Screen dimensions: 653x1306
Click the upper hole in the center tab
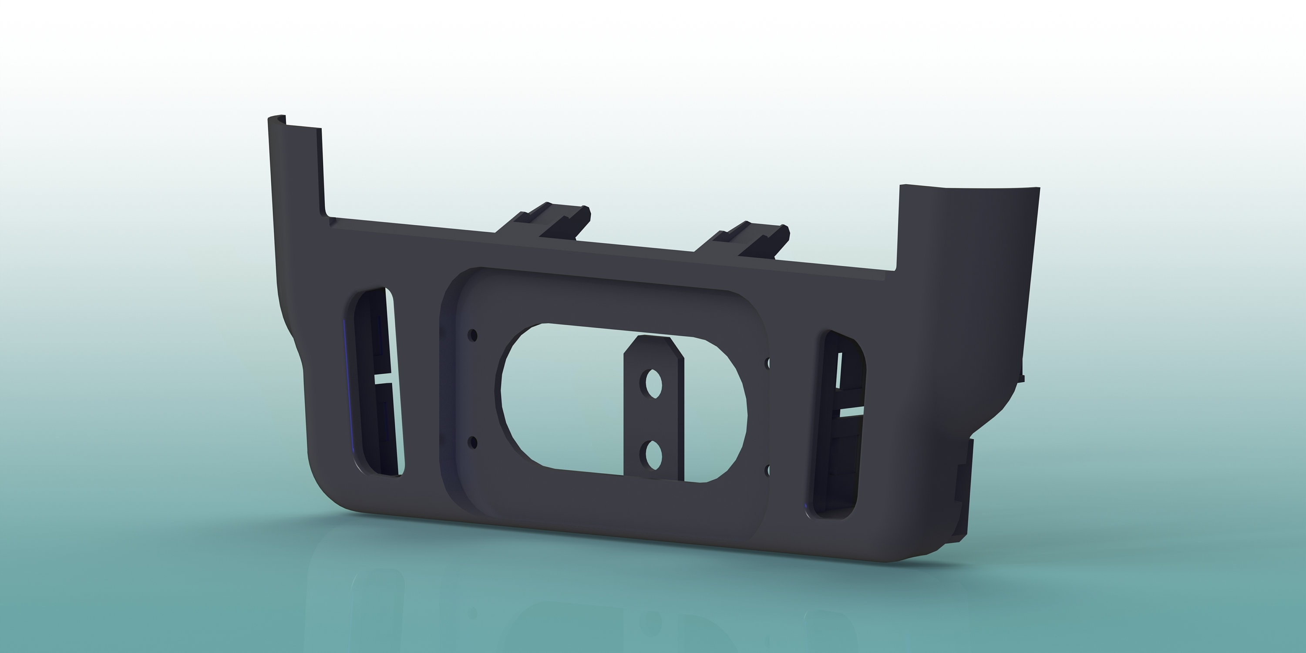click(652, 384)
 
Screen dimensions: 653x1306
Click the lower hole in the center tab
click(652, 453)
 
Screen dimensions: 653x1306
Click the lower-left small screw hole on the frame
click(474, 443)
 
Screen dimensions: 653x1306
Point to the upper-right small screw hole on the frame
click(767, 363)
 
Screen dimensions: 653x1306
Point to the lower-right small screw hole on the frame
click(767, 471)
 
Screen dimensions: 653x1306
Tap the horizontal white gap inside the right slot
click(852, 412)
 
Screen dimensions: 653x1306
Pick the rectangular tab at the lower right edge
click(963, 487)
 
